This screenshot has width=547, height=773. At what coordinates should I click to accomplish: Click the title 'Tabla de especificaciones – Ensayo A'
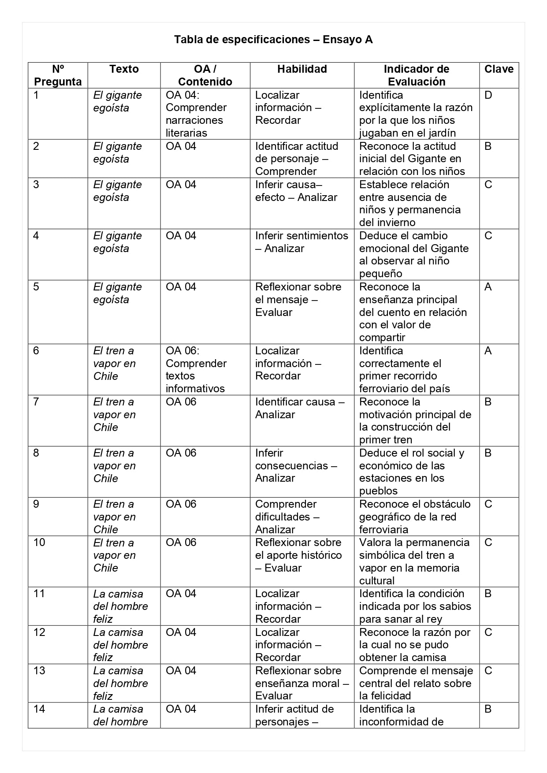(273, 40)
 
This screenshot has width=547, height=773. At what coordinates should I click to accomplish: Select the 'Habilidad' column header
(302, 69)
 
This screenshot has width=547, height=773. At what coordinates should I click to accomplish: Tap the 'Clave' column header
(499, 69)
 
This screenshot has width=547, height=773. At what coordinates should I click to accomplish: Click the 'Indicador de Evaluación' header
(416, 75)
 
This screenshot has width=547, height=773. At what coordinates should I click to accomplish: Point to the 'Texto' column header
(124, 69)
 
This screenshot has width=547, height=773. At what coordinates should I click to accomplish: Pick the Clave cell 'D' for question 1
(488, 95)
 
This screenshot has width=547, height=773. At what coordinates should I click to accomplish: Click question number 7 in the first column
(36, 402)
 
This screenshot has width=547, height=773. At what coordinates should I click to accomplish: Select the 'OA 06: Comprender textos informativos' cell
(196, 369)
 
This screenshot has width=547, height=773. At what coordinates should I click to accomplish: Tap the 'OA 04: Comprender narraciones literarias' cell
(196, 114)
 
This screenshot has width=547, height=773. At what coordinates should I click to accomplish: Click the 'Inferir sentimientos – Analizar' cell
(301, 242)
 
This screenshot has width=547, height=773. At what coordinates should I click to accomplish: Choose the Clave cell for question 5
(488, 287)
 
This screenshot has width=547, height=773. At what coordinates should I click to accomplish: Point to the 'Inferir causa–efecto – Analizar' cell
(296, 191)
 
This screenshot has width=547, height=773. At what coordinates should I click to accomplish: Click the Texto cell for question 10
(114, 555)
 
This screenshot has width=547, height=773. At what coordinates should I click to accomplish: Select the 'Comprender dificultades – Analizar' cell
(287, 517)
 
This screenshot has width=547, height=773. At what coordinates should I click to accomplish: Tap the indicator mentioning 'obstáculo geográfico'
(414, 517)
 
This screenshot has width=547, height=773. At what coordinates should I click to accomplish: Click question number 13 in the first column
(39, 671)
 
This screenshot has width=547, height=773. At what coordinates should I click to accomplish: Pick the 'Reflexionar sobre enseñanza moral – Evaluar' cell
(301, 683)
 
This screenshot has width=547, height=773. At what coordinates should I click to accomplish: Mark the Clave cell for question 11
(488, 594)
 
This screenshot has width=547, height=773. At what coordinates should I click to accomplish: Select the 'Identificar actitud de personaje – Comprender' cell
(297, 159)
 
